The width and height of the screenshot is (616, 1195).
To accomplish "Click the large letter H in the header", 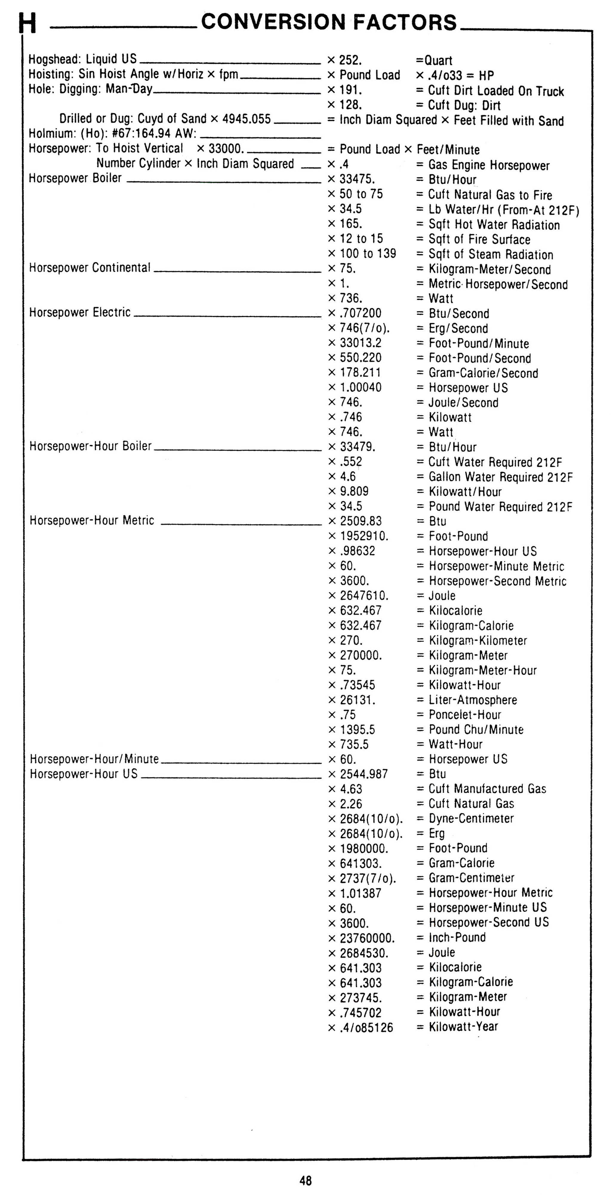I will [27, 23].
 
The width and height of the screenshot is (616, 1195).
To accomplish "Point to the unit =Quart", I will [434, 60].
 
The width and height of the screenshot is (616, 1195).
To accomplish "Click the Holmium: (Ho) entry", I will [112, 134].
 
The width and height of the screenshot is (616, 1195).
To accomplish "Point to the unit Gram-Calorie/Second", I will [483, 373].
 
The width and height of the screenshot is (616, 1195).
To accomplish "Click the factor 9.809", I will [354, 491].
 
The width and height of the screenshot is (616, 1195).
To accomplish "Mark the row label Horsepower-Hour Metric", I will [92, 520].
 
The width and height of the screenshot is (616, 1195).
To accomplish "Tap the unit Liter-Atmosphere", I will [473, 700].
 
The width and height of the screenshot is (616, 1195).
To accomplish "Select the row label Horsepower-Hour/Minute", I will [94, 759].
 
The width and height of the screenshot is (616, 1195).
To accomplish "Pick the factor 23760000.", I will [367, 938].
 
